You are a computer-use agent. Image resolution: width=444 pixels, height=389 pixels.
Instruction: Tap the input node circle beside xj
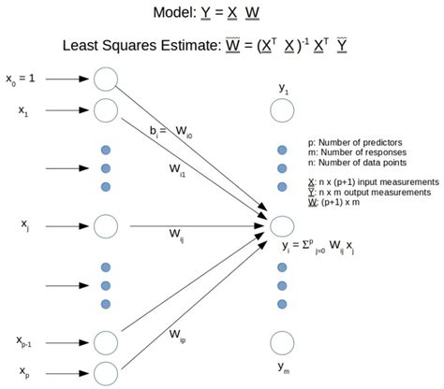106,225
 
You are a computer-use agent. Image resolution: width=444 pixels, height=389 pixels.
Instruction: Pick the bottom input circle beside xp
106,373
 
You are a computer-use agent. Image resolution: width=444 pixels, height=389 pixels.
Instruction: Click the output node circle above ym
283,342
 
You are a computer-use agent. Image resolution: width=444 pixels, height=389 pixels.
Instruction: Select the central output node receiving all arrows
283,225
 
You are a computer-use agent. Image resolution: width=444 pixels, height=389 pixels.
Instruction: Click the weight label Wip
177,332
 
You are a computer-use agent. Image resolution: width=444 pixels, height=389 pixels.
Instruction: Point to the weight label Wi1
181,169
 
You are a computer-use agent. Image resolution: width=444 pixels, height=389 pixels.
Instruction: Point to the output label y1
283,87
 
